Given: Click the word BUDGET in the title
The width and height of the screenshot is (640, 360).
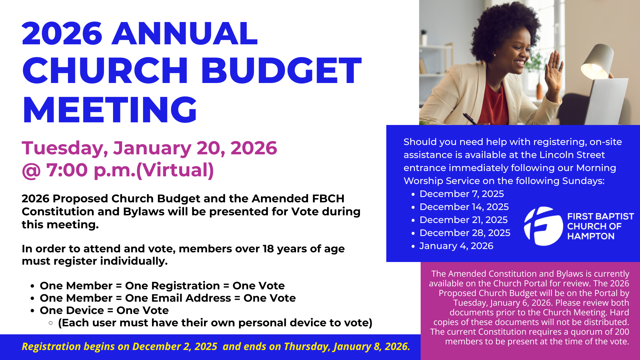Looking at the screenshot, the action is pyautogui.click(x=281, y=70).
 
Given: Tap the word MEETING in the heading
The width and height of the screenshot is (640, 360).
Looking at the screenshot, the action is pyautogui.click(x=110, y=110).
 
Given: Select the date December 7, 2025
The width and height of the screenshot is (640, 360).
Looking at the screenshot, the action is pyautogui.click(x=462, y=194).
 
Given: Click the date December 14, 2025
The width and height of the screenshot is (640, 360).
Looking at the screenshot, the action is pyautogui.click(x=464, y=207).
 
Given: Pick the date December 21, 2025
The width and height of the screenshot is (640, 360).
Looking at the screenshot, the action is pyautogui.click(x=463, y=220).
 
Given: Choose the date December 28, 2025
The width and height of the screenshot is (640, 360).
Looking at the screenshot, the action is pyautogui.click(x=465, y=233).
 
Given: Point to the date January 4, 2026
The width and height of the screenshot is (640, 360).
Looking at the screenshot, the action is pyautogui.click(x=456, y=246).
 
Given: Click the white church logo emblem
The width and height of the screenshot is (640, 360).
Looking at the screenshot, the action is pyautogui.click(x=543, y=226).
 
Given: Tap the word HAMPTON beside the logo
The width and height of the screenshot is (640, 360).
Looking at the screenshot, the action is pyautogui.click(x=591, y=236).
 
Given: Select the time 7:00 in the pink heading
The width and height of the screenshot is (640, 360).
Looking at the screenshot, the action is pyautogui.click(x=67, y=170).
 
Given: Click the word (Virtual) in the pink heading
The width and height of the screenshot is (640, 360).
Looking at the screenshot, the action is pyautogui.click(x=175, y=170).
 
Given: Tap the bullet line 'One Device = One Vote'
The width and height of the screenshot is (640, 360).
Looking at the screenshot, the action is pyautogui.click(x=104, y=310).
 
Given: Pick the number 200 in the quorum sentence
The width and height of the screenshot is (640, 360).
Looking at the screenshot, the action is pyautogui.click(x=622, y=332).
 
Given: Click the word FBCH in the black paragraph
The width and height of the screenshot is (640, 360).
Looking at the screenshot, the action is pyautogui.click(x=328, y=198).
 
